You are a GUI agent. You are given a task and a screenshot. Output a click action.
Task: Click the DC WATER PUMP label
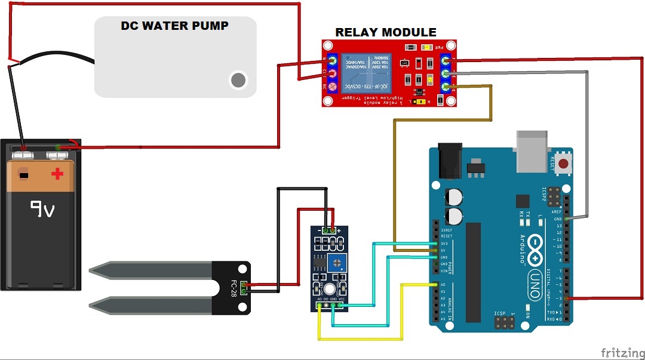(x=174, y=26)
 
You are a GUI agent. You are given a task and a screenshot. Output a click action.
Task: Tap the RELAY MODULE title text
(x=385, y=32)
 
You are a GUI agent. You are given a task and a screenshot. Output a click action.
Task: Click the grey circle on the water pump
(x=238, y=79)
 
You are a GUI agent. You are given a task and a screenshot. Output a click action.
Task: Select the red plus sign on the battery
(x=57, y=174)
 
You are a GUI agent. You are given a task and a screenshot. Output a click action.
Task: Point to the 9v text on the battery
(x=43, y=210)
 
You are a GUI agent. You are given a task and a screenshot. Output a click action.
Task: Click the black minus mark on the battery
(x=23, y=176)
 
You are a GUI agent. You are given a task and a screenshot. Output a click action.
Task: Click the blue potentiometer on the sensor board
(x=339, y=260)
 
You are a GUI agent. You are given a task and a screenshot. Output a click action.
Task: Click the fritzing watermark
(x=621, y=352)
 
